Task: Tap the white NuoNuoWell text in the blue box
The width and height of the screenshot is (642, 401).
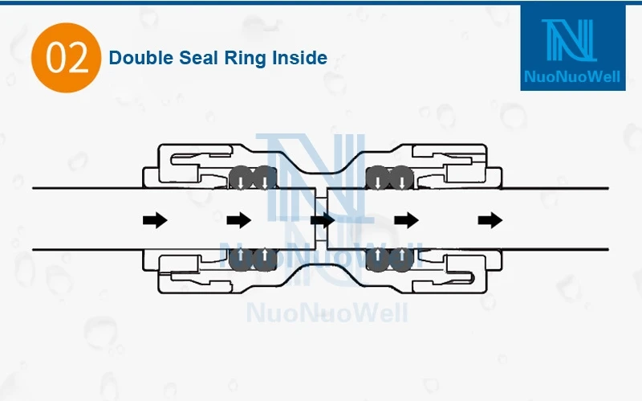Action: [x=572, y=78]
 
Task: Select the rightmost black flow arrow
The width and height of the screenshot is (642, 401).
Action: [x=490, y=219]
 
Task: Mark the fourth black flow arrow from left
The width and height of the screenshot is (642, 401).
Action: [x=407, y=219]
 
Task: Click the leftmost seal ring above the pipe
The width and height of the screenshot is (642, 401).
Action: [x=241, y=178]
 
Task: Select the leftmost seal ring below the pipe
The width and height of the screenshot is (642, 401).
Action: [x=241, y=258]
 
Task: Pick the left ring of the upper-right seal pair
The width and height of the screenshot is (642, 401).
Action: [x=377, y=178]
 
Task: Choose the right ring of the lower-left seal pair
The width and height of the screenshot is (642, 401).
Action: [x=263, y=258]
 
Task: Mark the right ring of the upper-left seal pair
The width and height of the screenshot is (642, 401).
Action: [x=263, y=178]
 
